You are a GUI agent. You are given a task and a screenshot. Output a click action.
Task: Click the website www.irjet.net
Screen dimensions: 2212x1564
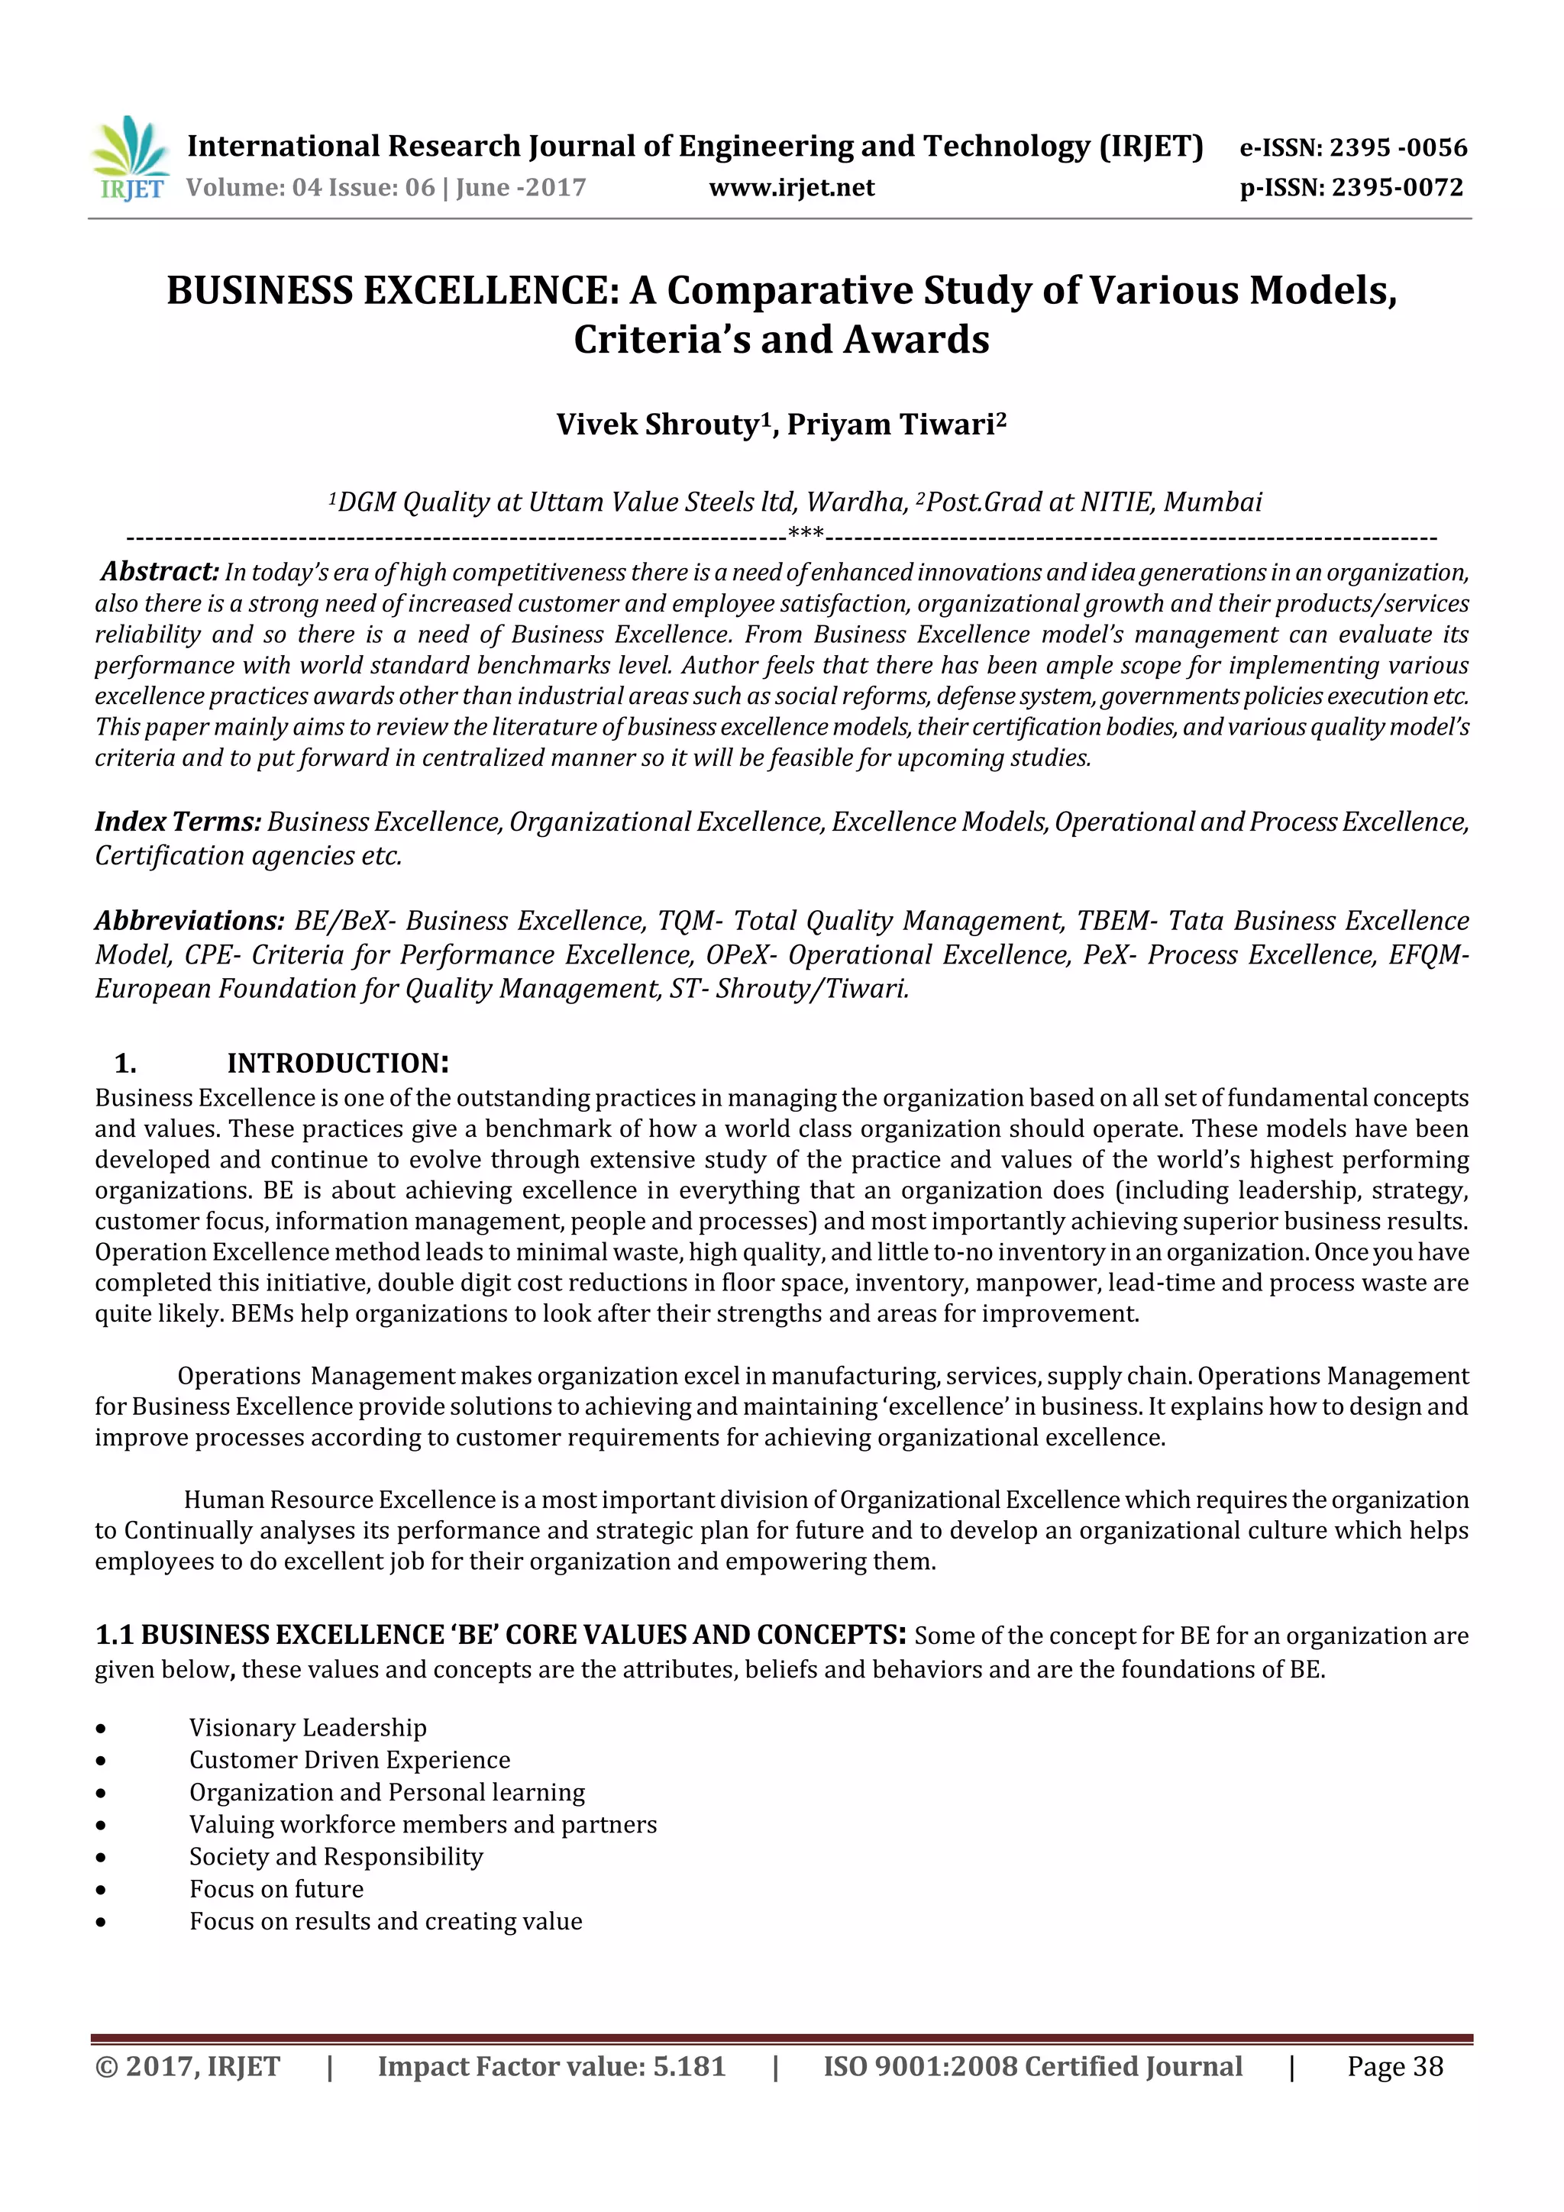[x=791, y=188]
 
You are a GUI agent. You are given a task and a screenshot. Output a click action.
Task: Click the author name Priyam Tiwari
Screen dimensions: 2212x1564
[x=895, y=425]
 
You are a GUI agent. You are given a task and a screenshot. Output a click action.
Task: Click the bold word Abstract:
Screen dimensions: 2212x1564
[x=160, y=571]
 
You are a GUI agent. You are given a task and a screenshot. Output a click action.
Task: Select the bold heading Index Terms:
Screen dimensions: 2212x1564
[x=178, y=822]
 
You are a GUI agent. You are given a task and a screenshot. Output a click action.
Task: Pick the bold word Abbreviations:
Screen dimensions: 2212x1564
[x=189, y=920]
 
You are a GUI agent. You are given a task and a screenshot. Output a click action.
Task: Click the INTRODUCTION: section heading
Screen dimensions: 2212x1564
[x=338, y=1064]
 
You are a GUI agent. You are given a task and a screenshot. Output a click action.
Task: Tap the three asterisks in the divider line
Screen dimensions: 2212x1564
[x=806, y=534]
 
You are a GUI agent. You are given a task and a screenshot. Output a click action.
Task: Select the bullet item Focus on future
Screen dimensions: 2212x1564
[x=276, y=1889]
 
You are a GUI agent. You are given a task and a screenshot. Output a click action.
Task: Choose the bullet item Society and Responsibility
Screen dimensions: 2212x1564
[x=335, y=1856]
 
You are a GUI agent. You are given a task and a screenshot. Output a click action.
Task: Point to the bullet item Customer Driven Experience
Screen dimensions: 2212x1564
[x=349, y=1760]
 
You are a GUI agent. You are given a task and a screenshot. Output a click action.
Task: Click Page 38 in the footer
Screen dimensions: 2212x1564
[x=1394, y=2066]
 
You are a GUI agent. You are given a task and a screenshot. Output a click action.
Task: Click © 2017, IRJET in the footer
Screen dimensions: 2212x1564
[x=187, y=2066]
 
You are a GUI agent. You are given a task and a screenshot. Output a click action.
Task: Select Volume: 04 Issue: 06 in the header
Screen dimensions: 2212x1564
[x=310, y=188]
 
